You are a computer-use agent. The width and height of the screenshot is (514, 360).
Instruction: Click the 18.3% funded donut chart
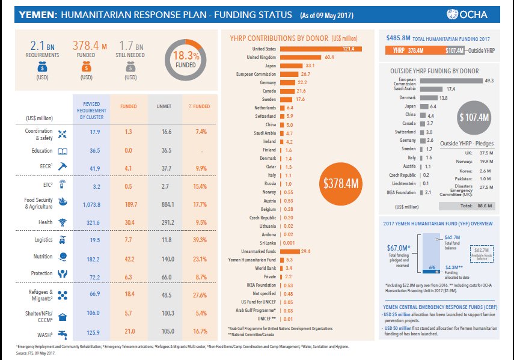click(184, 59)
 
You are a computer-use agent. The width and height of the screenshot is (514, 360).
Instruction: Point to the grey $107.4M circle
click(474, 117)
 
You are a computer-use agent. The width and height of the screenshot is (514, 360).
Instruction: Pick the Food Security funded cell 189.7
click(129, 205)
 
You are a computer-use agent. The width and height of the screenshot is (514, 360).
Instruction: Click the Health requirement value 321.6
click(91, 222)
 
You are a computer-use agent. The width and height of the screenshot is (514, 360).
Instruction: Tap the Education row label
click(43, 151)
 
